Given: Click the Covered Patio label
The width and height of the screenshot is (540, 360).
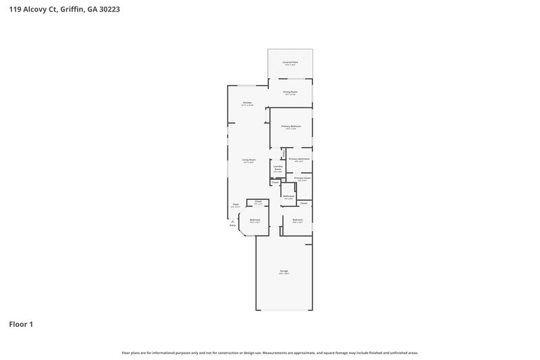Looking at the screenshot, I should coord(290,61).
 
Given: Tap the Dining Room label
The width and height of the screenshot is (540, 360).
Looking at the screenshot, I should coord(290,91).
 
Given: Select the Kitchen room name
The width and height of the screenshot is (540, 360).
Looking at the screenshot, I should coord(247,103).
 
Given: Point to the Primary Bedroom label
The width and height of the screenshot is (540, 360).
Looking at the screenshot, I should coord(291,126).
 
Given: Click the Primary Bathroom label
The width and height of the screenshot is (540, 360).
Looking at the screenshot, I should coord(299,159).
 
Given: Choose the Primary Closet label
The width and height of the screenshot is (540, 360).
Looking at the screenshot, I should coord(302,178).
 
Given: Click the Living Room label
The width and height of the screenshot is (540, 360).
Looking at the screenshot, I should coord(248,160).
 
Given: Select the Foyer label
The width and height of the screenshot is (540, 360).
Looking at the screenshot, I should coord(236,204).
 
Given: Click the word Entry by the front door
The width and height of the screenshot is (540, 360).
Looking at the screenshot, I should coord(233,226).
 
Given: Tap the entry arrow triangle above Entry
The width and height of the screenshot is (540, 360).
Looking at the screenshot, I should coord(233,221).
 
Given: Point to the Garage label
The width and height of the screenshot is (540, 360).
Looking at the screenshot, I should coord(284,271).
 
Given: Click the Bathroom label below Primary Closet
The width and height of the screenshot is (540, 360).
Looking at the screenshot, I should coord(288,196).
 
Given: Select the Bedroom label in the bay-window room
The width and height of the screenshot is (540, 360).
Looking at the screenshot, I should coord(255,220).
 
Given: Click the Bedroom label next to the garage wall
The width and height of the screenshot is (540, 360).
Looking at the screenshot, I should coord(298,220).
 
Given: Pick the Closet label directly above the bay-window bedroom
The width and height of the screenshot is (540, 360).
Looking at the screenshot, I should coord(258,201).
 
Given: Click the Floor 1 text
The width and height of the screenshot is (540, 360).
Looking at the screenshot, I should coord(21,324).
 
